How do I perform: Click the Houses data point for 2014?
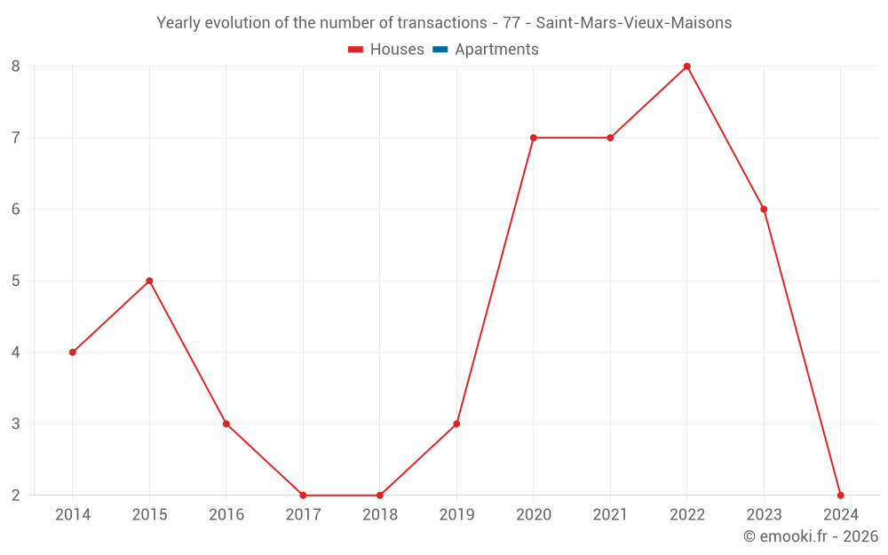point(73,353)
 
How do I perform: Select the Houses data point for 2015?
point(149,281)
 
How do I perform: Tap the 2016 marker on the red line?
point(226,424)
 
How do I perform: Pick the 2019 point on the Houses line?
point(456,424)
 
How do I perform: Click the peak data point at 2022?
point(687,67)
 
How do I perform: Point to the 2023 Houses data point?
point(764,210)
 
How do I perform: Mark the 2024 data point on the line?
point(840,495)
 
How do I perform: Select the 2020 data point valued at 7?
point(534,138)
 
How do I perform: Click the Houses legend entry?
point(386,50)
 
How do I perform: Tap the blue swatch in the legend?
point(440,50)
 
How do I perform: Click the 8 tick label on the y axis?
point(16,67)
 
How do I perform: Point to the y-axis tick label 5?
point(16,281)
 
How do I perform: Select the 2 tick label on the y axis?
point(16,495)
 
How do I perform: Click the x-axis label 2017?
point(303,515)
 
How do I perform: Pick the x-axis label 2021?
point(610,515)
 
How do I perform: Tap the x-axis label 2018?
point(380,515)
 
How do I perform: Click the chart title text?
point(444,23)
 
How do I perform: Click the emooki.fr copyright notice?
point(810,536)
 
